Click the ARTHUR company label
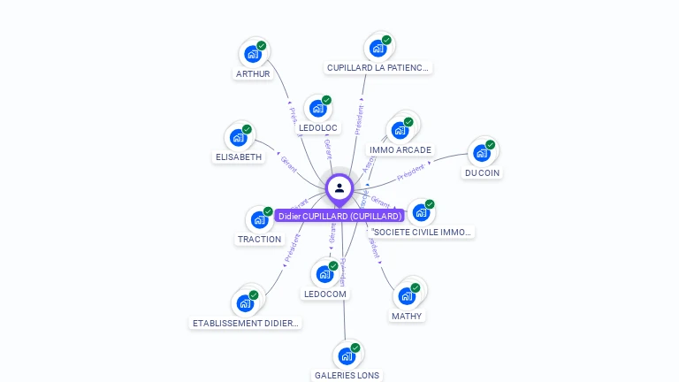[253, 73]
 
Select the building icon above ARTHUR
[253, 54]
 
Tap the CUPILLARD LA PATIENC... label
[378, 67]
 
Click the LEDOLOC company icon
[317, 108]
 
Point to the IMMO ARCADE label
[400, 149]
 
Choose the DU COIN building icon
[482, 153]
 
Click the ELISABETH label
[239, 157]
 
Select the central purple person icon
[339, 187]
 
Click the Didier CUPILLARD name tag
[339, 216]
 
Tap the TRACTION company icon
[259, 219]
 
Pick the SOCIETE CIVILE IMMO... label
[422, 232]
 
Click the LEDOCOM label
[325, 294]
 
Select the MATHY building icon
[407, 295]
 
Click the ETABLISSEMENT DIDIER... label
[247, 323]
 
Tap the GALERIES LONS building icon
[347, 355]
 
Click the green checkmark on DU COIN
[490, 145]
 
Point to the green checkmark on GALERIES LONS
[355, 348]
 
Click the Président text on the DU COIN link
[412, 172]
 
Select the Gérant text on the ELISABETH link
[289, 164]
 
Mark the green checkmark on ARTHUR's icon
[262, 46]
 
